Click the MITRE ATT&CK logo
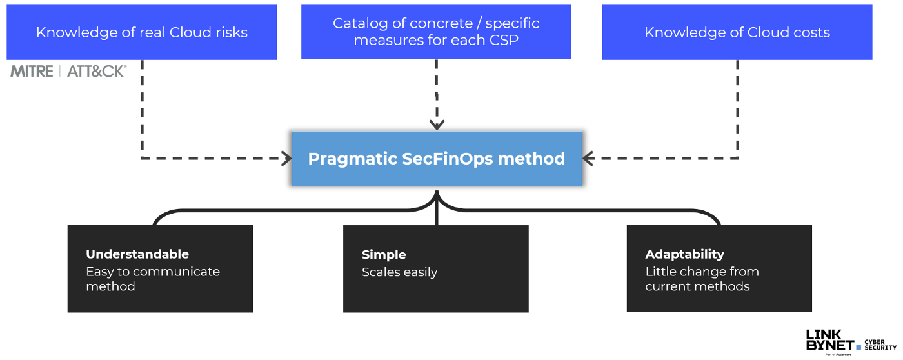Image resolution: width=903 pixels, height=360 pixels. [68, 72]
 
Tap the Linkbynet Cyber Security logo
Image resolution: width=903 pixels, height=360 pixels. [851, 343]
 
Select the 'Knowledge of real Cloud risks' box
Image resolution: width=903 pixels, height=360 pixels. [141, 32]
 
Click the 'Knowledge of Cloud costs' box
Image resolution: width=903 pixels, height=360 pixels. [737, 32]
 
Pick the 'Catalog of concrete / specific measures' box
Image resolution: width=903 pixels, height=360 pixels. [436, 32]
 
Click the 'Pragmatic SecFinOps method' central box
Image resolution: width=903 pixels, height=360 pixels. [437, 159]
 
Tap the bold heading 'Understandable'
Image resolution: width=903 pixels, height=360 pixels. [137, 254]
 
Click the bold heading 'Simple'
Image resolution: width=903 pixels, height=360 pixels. [384, 255]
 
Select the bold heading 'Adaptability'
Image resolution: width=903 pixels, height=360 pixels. [685, 254]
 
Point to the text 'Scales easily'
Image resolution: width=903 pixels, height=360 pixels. [399, 272]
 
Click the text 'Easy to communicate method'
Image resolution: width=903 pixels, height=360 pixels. [153, 279]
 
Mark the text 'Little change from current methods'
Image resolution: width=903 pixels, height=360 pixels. [702, 279]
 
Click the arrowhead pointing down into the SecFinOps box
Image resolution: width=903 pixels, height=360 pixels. [437, 125]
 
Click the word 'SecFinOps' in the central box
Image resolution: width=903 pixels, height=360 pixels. [448, 159]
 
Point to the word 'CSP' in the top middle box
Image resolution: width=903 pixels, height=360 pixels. [504, 40]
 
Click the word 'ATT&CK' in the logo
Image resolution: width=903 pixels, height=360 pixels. [97, 72]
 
